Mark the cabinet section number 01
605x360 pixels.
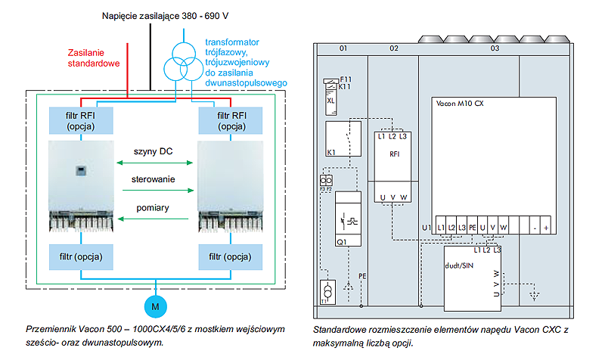pyautogui.click(x=343, y=48)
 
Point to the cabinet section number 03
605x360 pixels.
pyautogui.click(x=495, y=48)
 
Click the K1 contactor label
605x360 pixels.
pyautogui.click(x=331, y=152)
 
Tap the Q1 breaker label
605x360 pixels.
pyautogui.click(x=341, y=241)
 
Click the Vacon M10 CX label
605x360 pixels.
pyautogui.click(x=460, y=104)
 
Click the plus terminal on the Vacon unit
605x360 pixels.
pyautogui.click(x=545, y=226)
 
